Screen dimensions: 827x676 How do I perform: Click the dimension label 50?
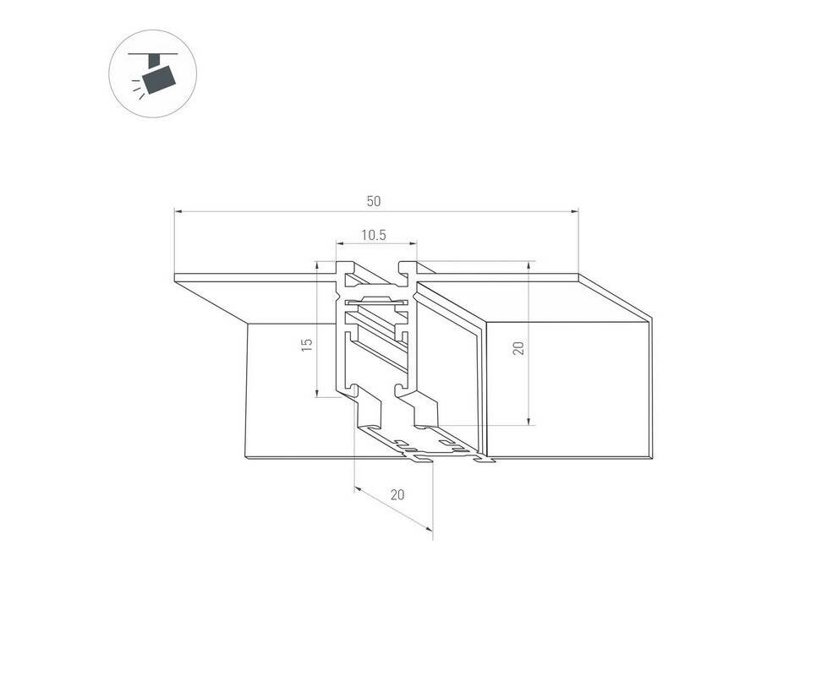click(x=374, y=201)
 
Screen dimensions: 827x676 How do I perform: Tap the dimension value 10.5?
click(x=374, y=235)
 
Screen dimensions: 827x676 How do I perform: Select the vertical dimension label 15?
click(x=306, y=345)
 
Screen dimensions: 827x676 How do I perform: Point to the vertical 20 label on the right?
click(x=519, y=348)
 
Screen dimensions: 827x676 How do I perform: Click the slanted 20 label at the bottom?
click(x=397, y=494)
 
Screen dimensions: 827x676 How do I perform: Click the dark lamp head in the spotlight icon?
click(x=159, y=79)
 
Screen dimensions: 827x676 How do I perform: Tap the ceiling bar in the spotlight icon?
click(x=152, y=54)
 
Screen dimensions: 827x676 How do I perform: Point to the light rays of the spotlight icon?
click(x=137, y=89)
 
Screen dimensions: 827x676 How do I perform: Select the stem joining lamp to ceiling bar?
click(x=154, y=61)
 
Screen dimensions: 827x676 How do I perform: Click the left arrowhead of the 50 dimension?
click(x=178, y=212)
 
